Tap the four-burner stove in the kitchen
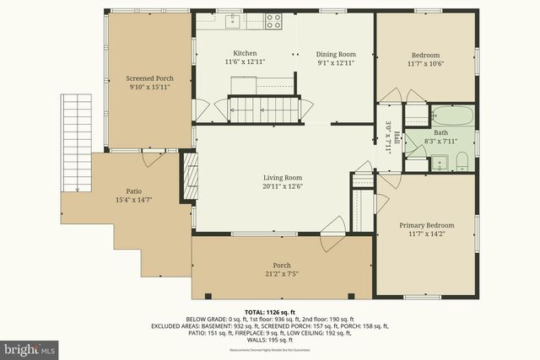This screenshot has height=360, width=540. (x=274, y=21)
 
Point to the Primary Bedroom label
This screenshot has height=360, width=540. (x=426, y=225)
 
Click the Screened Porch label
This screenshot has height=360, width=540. (x=144, y=78)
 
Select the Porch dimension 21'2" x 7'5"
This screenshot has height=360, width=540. (x=280, y=274)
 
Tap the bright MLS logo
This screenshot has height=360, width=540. (x=30, y=347)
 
